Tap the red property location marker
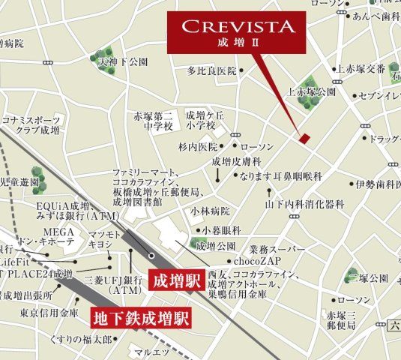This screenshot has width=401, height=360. click(304, 138)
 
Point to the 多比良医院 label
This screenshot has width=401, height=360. click(211, 70)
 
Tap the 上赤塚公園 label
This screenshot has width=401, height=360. click(312, 92)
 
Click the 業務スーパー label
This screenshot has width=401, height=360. click(277, 247)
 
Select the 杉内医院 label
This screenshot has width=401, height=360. click(198, 146)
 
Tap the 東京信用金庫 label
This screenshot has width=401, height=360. click(49, 311)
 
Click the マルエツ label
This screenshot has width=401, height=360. click(147, 351)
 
